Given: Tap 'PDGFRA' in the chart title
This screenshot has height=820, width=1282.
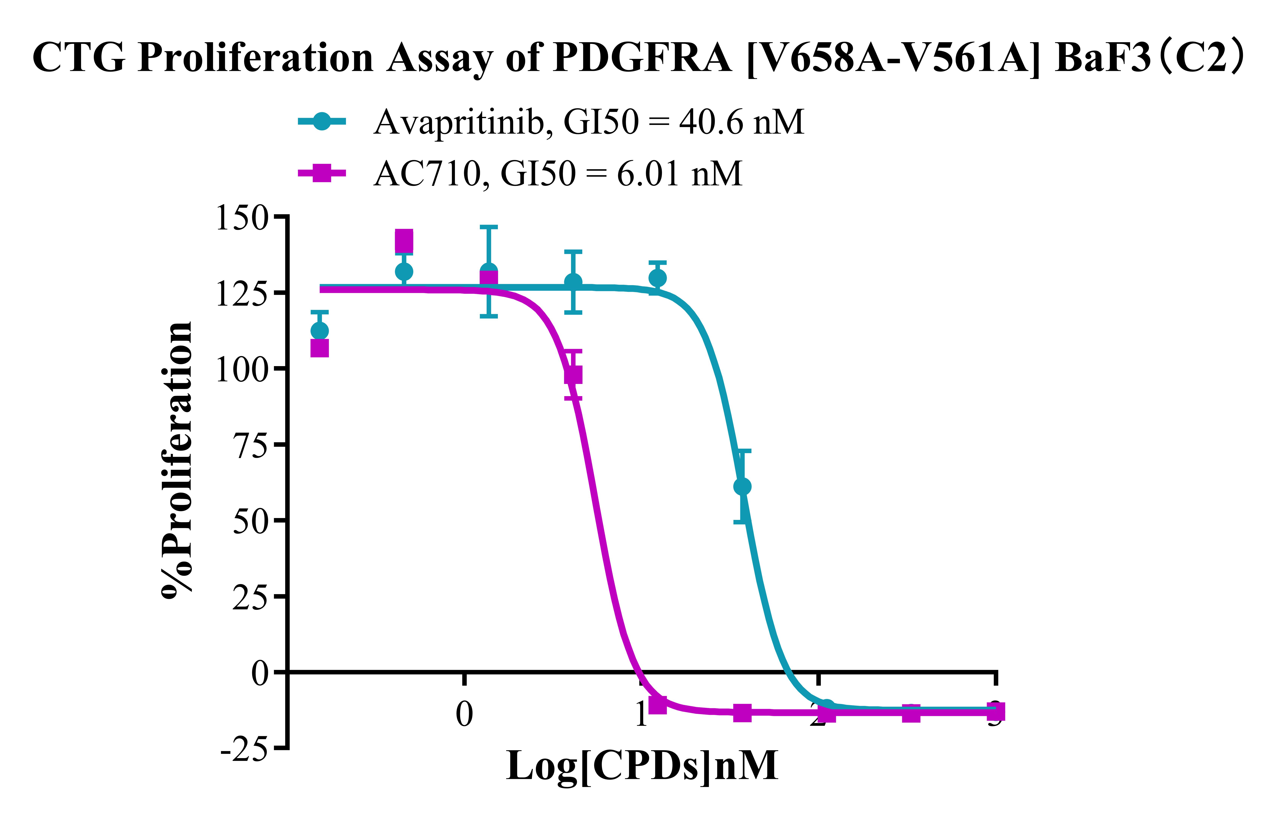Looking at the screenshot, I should pyautogui.click(x=643, y=58).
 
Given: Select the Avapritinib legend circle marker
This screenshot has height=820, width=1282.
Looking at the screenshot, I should pyautogui.click(x=322, y=121).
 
